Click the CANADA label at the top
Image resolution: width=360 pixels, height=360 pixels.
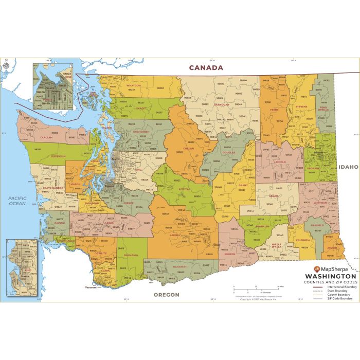pyautogui.click(x=206, y=67)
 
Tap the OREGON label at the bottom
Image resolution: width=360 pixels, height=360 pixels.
pyautogui.click(x=166, y=295)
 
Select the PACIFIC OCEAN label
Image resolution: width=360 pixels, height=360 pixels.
pyautogui.click(x=16, y=201)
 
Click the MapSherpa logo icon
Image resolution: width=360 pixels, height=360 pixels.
pyautogui.click(x=316, y=269)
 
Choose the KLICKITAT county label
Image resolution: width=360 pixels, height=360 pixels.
pyautogui.click(x=179, y=267)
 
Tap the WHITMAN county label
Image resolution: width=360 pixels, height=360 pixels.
pyautogui.click(x=320, y=203)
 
